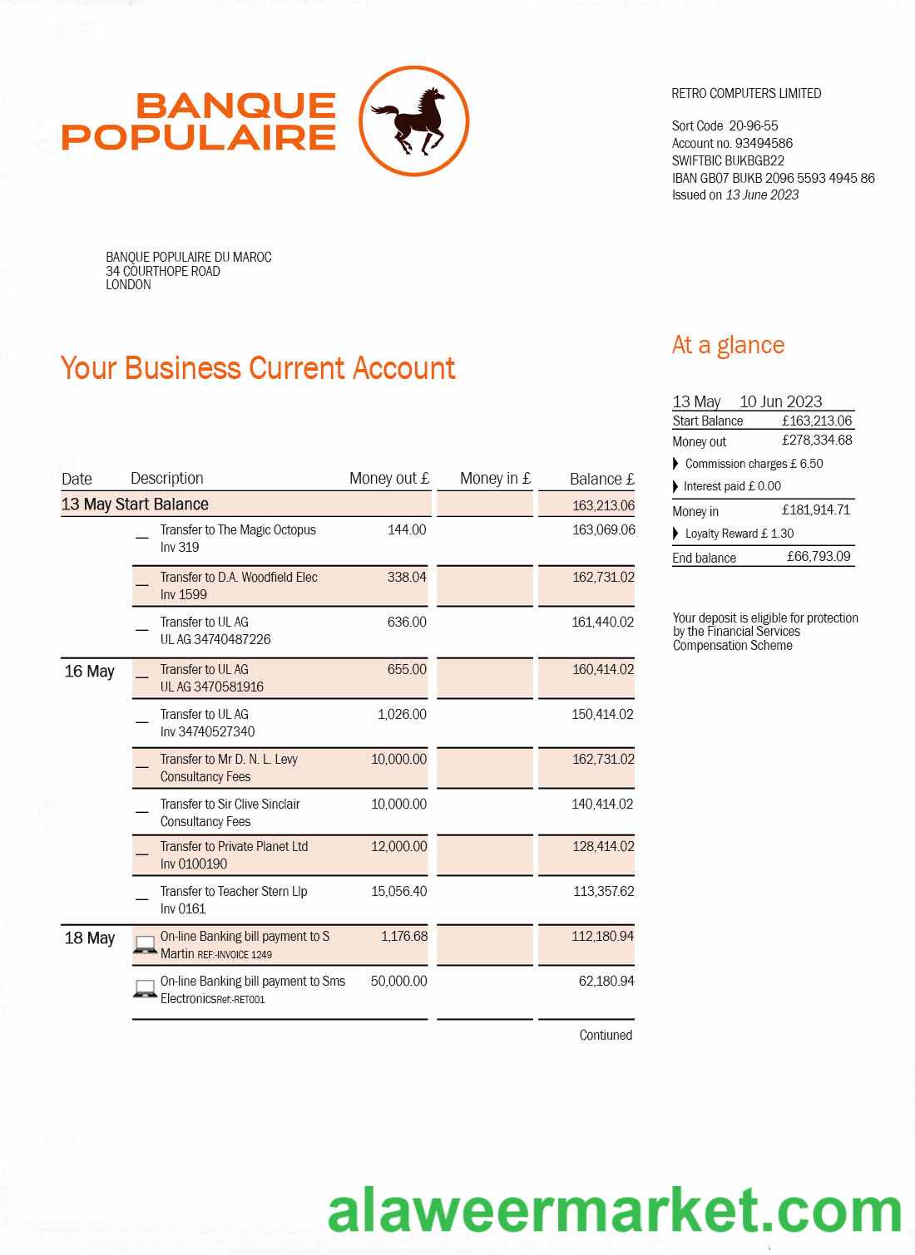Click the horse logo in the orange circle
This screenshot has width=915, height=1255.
point(413,121)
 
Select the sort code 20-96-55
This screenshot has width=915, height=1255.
point(754,126)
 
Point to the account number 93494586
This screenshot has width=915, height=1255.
point(764,143)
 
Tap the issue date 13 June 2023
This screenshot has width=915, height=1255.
point(762,195)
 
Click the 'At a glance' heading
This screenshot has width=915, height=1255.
point(728,345)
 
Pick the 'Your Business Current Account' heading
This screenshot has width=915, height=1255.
point(258,368)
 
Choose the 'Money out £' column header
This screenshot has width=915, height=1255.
point(388,479)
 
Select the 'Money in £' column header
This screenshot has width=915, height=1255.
point(495,479)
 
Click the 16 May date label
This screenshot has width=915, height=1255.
point(89,672)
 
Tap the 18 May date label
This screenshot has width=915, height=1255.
point(89,938)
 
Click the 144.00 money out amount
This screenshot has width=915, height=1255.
point(407,530)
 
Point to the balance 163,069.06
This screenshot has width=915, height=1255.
point(603,530)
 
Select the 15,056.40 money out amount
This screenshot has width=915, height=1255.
point(399,892)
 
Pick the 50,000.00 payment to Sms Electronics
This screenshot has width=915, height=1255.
point(399,982)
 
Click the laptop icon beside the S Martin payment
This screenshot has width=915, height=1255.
point(146,945)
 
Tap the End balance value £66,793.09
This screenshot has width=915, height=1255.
point(819,557)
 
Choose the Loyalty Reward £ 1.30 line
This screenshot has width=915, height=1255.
point(739,534)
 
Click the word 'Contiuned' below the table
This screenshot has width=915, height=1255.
point(606,1036)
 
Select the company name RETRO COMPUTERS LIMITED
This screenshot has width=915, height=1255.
point(746,94)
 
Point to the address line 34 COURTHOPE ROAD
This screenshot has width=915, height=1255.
point(163,271)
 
